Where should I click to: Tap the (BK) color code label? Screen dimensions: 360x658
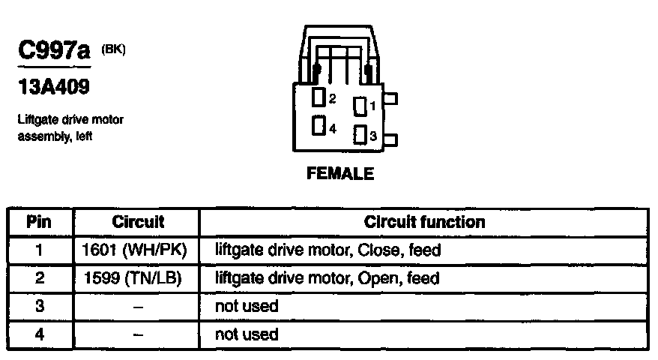(113, 49)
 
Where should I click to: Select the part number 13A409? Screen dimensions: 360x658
(53, 88)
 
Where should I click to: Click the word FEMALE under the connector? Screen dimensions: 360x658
(340, 174)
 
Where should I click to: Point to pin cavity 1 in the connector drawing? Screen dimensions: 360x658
(360, 106)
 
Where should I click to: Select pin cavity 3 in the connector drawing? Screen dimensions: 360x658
(360, 136)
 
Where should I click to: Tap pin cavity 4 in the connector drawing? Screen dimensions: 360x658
(319, 125)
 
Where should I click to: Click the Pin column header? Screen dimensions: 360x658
(39, 222)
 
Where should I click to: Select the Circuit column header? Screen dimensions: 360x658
(138, 222)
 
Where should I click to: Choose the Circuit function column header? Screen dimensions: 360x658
(424, 222)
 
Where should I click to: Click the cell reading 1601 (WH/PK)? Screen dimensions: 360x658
(138, 250)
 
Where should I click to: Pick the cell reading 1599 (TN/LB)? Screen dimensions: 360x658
(138, 278)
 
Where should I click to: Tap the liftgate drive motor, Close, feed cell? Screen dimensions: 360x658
(328, 250)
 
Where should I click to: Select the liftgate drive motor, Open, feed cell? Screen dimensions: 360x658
(327, 278)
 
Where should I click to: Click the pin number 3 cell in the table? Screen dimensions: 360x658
(39, 306)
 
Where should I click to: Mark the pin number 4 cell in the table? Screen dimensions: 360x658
(39, 334)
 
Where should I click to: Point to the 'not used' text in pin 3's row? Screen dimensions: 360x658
(246, 306)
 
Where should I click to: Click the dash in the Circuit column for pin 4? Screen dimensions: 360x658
(138, 334)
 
